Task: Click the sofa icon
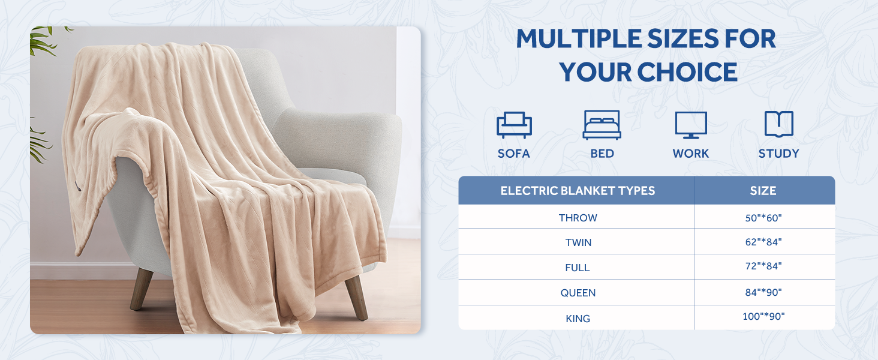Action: tap(514, 125)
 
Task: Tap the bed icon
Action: tap(602, 125)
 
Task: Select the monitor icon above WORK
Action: tap(691, 125)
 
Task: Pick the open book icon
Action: tap(778, 124)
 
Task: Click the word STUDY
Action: tap(778, 154)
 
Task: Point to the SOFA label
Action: tap(514, 154)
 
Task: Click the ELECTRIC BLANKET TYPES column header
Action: tap(578, 191)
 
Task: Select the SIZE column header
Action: tap(763, 191)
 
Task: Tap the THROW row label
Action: tap(578, 218)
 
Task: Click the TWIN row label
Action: tap(578, 242)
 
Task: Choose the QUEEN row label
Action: tap(578, 293)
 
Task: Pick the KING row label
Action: tap(578, 319)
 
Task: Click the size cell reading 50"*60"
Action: tap(763, 218)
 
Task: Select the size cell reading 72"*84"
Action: tap(763, 266)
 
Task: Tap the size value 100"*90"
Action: tap(763, 316)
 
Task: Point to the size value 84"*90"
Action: tap(763, 292)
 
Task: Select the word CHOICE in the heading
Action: tap(687, 73)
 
